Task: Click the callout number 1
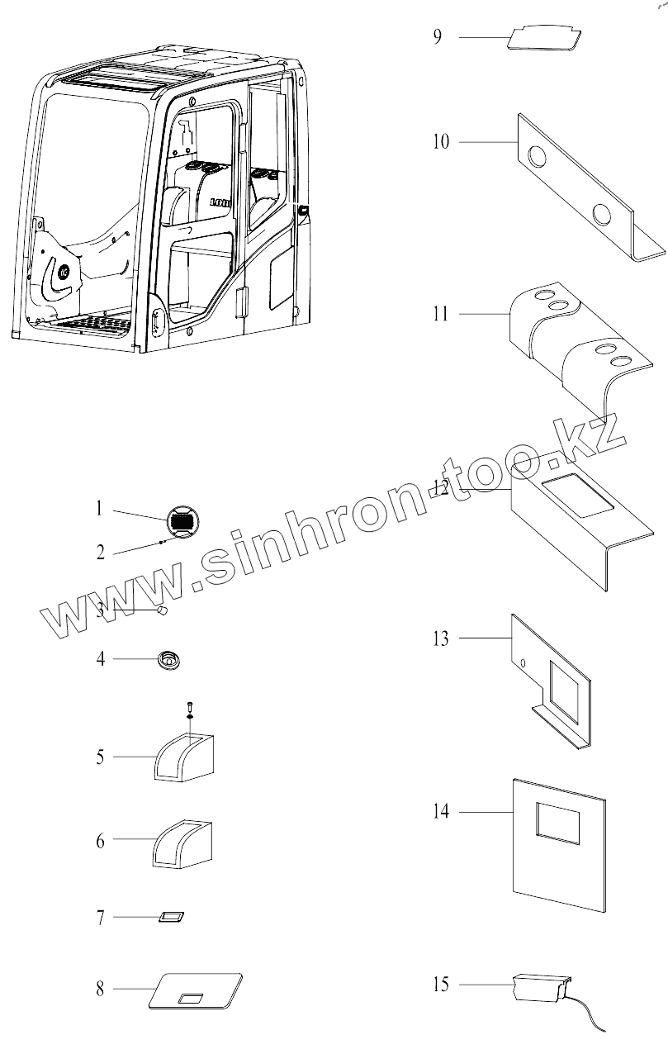(99, 508)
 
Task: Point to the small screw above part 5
(190, 705)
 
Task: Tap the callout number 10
(441, 142)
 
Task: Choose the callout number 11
(441, 315)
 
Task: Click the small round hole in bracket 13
(524, 662)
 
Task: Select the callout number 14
(442, 812)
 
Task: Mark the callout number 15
(441, 984)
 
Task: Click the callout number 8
(100, 989)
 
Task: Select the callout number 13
(441, 638)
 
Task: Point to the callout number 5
(100, 757)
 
